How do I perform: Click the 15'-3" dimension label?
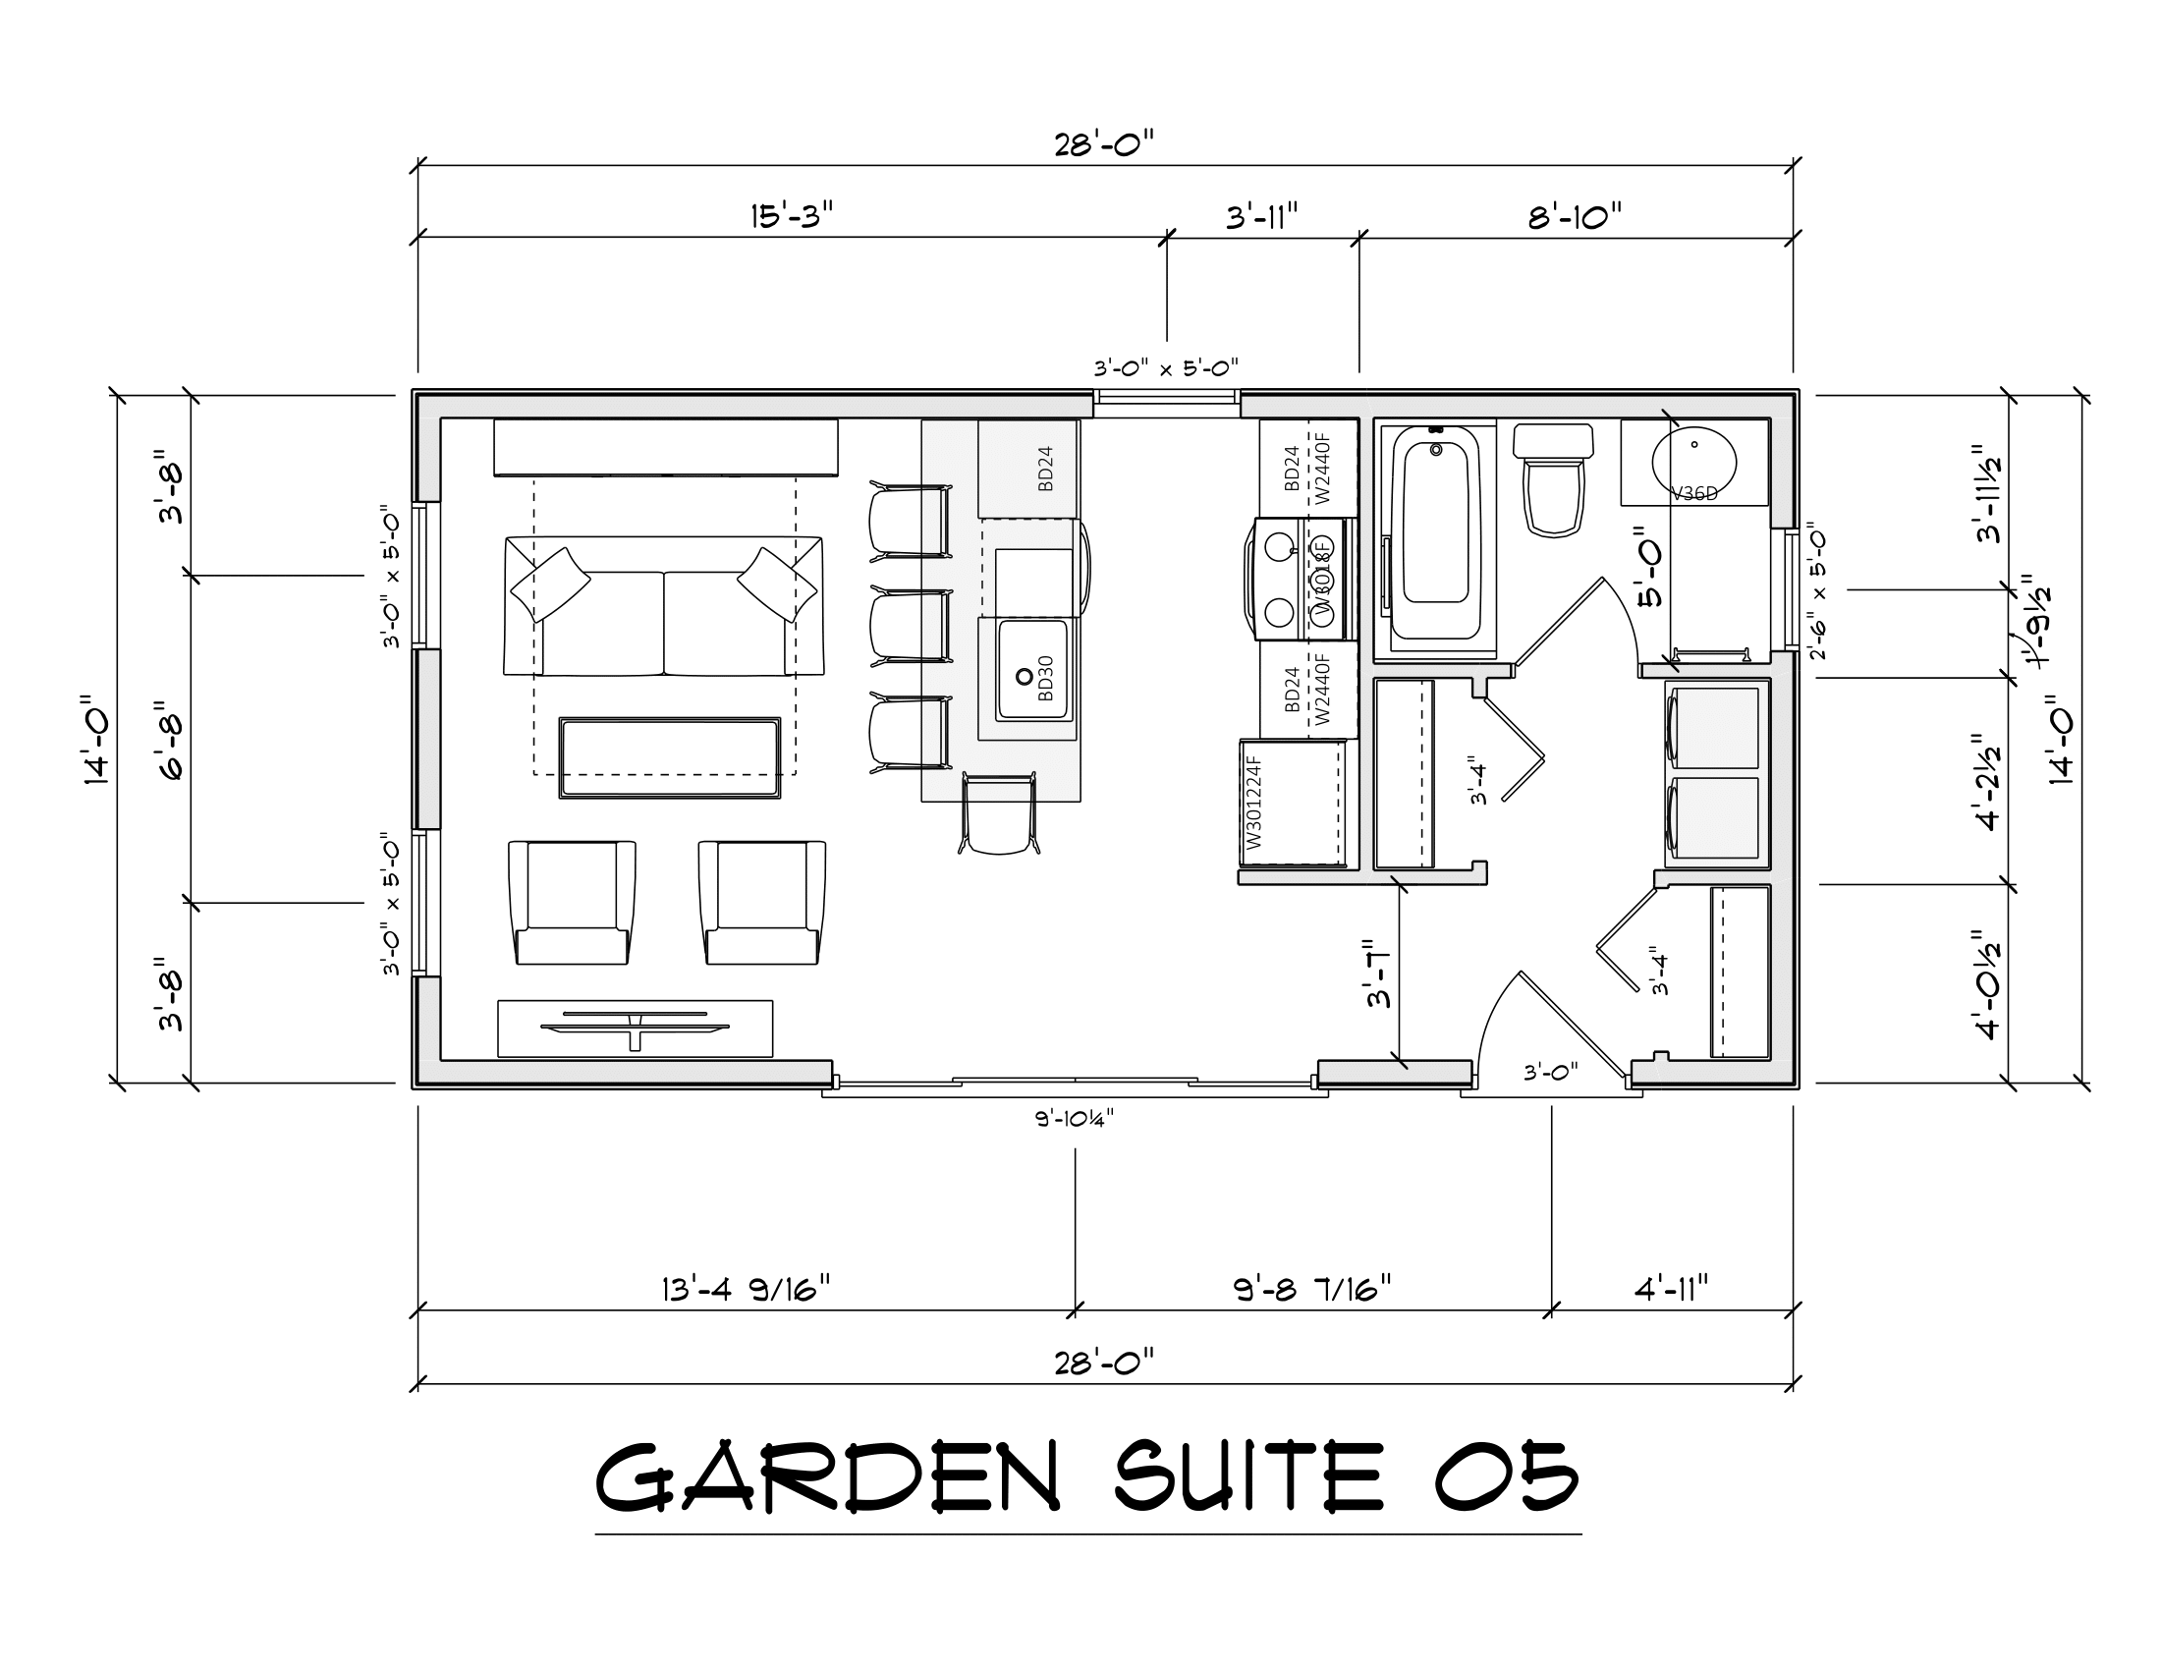point(792,216)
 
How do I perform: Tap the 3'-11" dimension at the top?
point(1261,216)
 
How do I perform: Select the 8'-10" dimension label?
point(1576,216)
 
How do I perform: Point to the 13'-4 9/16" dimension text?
point(747,1289)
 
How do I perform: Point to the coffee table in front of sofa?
point(670,757)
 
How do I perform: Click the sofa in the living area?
point(663,608)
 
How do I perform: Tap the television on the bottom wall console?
point(635,1026)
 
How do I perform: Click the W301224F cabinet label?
point(1254,803)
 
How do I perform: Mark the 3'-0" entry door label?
point(1550,1072)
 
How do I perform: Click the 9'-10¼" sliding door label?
point(1075,1119)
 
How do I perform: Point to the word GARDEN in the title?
point(827,1476)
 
